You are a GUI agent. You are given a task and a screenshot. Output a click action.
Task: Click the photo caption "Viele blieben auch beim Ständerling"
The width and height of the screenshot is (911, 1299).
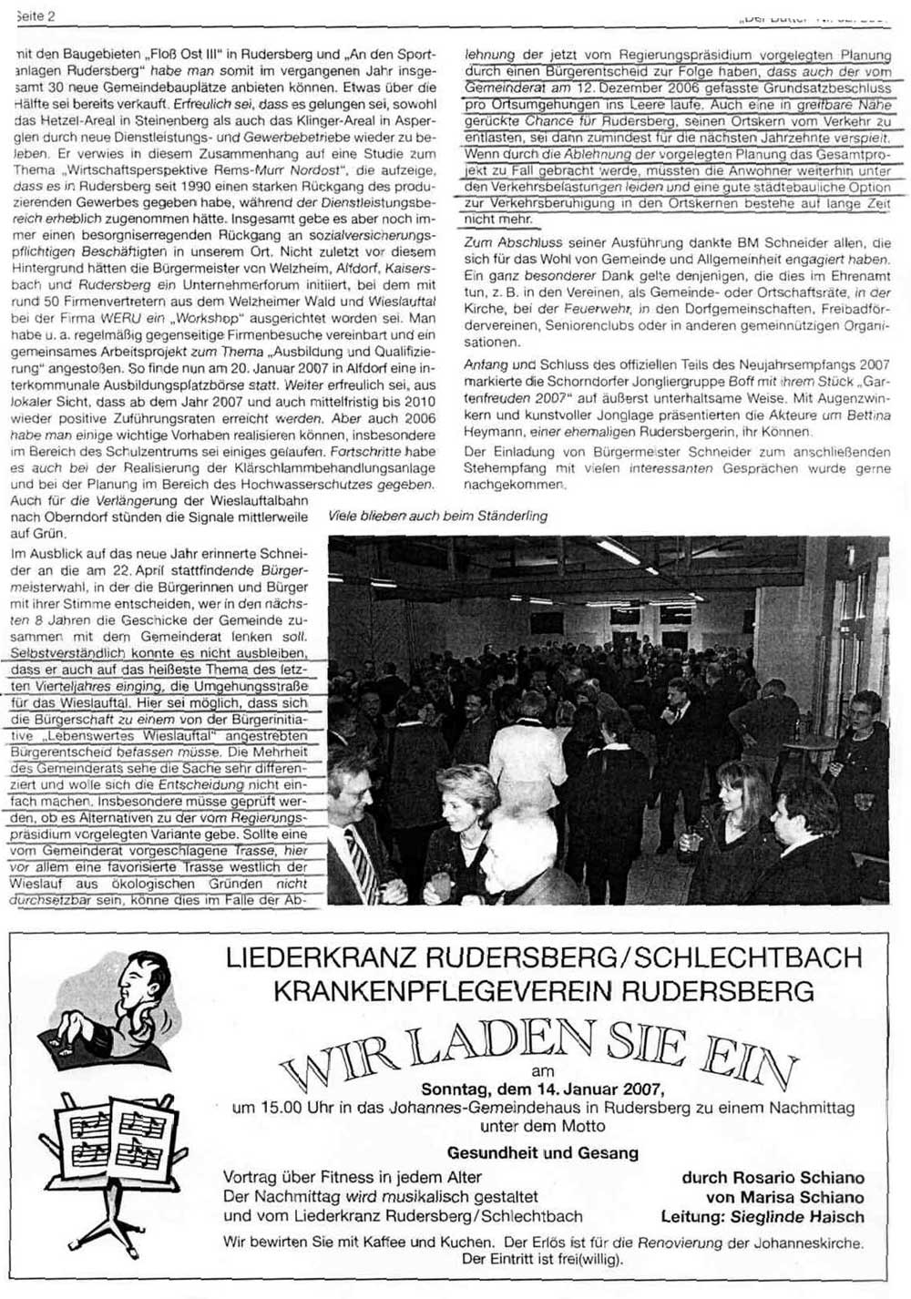coord(438,516)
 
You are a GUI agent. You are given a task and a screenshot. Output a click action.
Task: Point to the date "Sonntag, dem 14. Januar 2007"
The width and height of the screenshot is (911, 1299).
coord(543,1089)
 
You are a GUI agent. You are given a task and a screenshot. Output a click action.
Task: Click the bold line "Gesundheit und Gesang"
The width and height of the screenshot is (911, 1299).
coord(543,1152)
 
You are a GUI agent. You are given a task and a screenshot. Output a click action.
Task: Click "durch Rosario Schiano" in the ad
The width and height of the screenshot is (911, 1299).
coord(773,1178)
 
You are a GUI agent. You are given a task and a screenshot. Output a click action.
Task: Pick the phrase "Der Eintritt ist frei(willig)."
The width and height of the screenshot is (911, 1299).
coord(543,1259)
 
